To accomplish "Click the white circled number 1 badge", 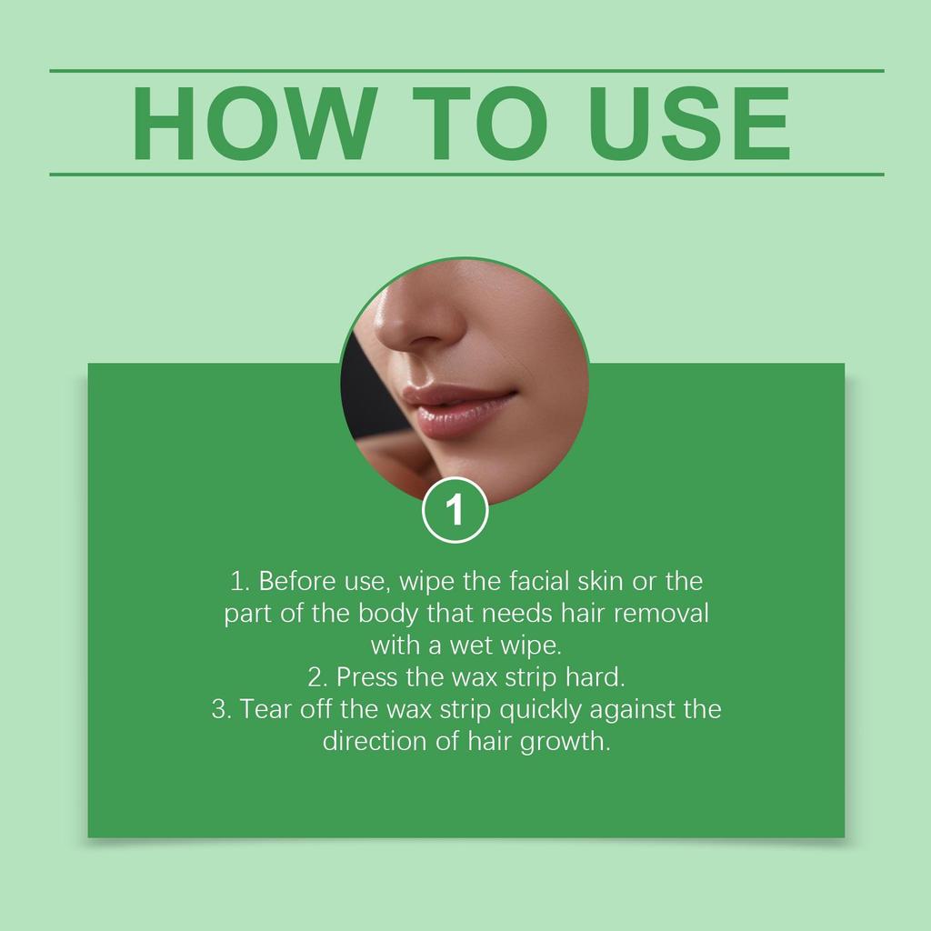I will tap(455, 510).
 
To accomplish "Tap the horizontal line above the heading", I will tap(465, 70).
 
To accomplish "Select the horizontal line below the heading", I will tap(465, 174).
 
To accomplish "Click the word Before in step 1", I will tap(296, 581).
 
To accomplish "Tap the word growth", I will tap(564, 742).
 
